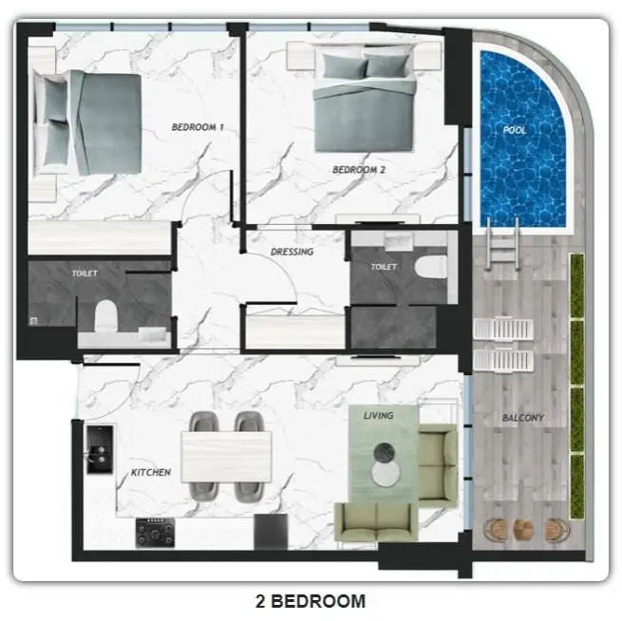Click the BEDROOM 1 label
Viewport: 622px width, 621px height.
pyautogui.click(x=198, y=127)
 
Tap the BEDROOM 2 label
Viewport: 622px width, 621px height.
pyautogui.click(x=359, y=170)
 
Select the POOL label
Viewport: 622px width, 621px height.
pyautogui.click(x=514, y=130)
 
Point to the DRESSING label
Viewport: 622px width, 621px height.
pyautogui.click(x=292, y=252)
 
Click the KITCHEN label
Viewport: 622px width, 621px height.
pyautogui.click(x=151, y=472)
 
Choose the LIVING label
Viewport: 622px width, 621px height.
pyautogui.click(x=379, y=416)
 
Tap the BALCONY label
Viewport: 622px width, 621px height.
pyautogui.click(x=523, y=418)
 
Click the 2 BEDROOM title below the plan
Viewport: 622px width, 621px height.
pyautogui.click(x=311, y=601)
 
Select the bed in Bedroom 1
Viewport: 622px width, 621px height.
pyautogui.click(x=87, y=122)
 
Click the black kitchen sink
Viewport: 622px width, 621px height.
pyautogui.click(x=100, y=450)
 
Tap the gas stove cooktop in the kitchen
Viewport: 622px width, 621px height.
pyautogui.click(x=155, y=533)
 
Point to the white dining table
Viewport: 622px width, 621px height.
pyautogui.click(x=226, y=457)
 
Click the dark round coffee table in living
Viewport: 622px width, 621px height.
pyautogui.click(x=384, y=452)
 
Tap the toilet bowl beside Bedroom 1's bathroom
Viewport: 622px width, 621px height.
pyautogui.click(x=106, y=315)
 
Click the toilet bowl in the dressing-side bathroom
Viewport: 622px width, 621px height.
pyautogui.click(x=430, y=267)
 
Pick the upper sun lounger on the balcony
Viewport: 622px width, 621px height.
pyautogui.click(x=503, y=329)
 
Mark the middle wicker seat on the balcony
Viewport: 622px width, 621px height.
pyautogui.click(x=523, y=530)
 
